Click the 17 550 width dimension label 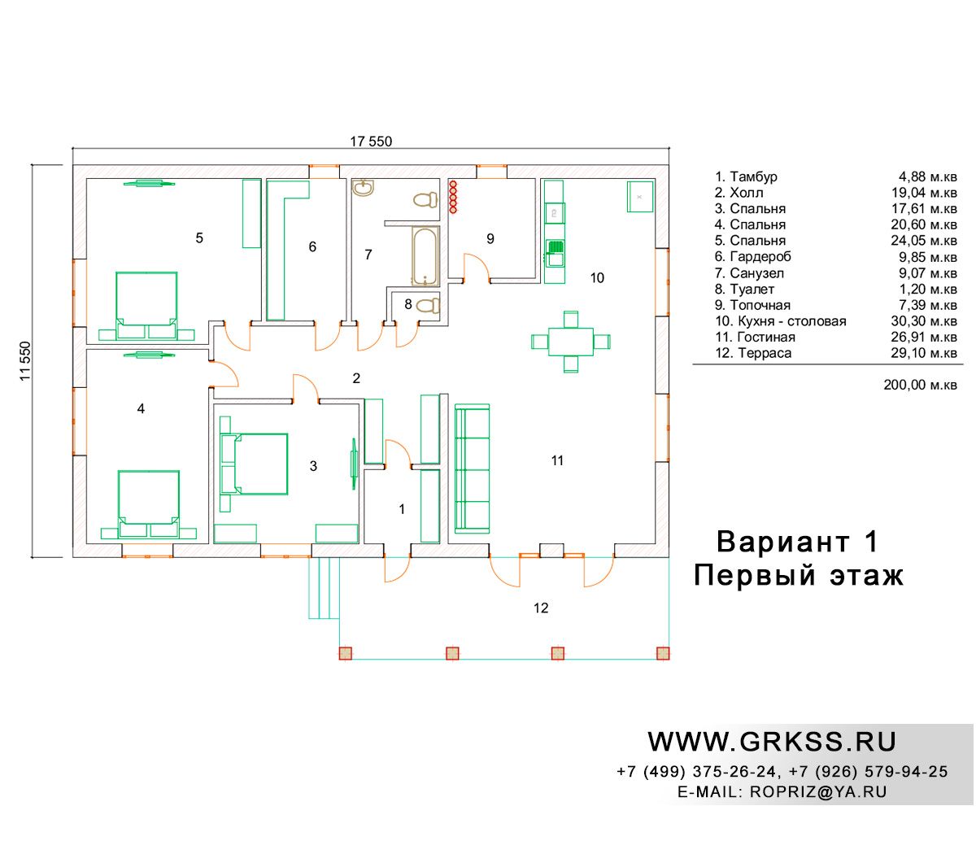point(371,142)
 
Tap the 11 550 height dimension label point(25,360)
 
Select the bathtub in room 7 point(425,256)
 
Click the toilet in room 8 point(428,304)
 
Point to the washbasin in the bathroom point(363,188)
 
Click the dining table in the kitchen point(570,342)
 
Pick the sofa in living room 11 point(472,468)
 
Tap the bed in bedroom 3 point(254,464)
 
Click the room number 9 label point(490,238)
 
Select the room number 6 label point(312,246)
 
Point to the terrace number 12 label point(541,608)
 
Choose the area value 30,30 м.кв point(923,321)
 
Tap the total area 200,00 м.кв point(920,385)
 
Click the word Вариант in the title point(782,542)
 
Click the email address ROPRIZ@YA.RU point(818,792)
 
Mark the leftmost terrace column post point(345,653)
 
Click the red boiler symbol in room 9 point(453,197)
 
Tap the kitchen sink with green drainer point(555,253)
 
